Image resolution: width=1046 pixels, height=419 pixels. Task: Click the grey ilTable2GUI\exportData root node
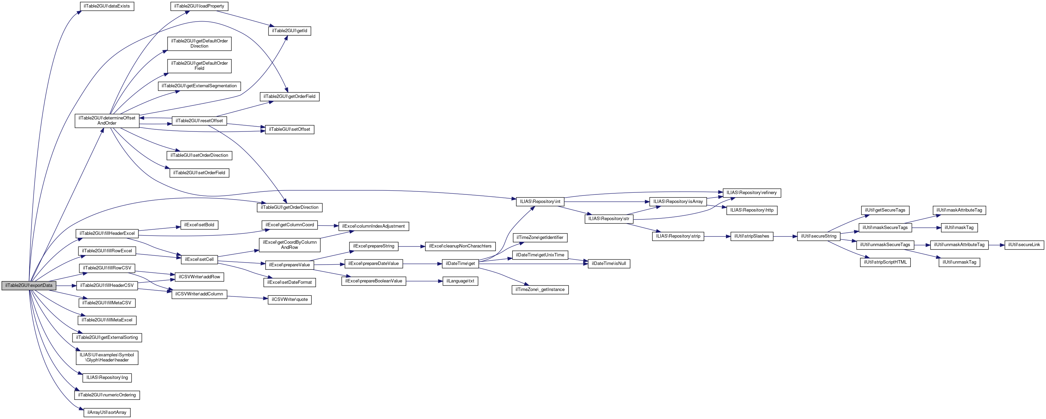29,285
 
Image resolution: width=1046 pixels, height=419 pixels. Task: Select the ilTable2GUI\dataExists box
107,7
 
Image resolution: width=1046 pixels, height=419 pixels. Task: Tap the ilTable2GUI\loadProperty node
199,7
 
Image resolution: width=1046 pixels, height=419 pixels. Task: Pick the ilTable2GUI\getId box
290,31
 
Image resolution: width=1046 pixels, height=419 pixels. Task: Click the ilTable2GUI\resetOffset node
199,121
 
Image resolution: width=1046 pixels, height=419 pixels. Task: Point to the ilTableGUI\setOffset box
290,130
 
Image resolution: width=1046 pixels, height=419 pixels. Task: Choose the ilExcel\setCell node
199,259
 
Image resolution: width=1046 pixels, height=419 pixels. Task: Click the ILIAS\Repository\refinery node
752,193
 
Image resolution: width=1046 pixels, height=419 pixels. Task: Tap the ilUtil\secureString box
819,236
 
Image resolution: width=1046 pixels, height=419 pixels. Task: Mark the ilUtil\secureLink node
1024,245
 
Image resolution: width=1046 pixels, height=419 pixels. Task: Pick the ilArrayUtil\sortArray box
107,412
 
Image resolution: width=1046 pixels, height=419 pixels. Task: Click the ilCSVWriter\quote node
290,300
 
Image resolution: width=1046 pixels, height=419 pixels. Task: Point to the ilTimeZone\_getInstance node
540,290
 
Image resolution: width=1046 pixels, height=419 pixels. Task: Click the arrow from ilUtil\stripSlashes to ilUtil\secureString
785,236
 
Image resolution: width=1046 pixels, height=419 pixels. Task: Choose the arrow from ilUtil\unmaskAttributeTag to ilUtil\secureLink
996,245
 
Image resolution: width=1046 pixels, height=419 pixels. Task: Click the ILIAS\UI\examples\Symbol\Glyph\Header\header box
107,358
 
